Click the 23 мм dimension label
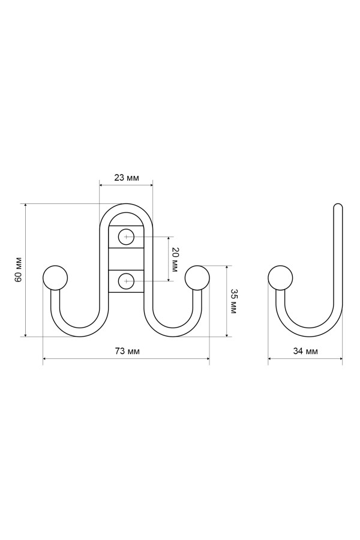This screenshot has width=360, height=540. tap(127, 178)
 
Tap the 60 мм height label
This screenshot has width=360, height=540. tap(19, 269)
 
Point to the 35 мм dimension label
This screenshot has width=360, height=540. tap(233, 301)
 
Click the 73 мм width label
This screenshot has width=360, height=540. tap(127, 351)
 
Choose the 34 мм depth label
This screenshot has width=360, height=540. tap(305, 351)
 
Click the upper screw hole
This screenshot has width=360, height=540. tap(127, 237)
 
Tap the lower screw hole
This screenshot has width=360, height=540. tap(127, 281)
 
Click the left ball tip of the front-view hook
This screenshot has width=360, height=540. tap(55, 278)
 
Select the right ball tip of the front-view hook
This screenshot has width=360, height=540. tap(197, 278)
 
